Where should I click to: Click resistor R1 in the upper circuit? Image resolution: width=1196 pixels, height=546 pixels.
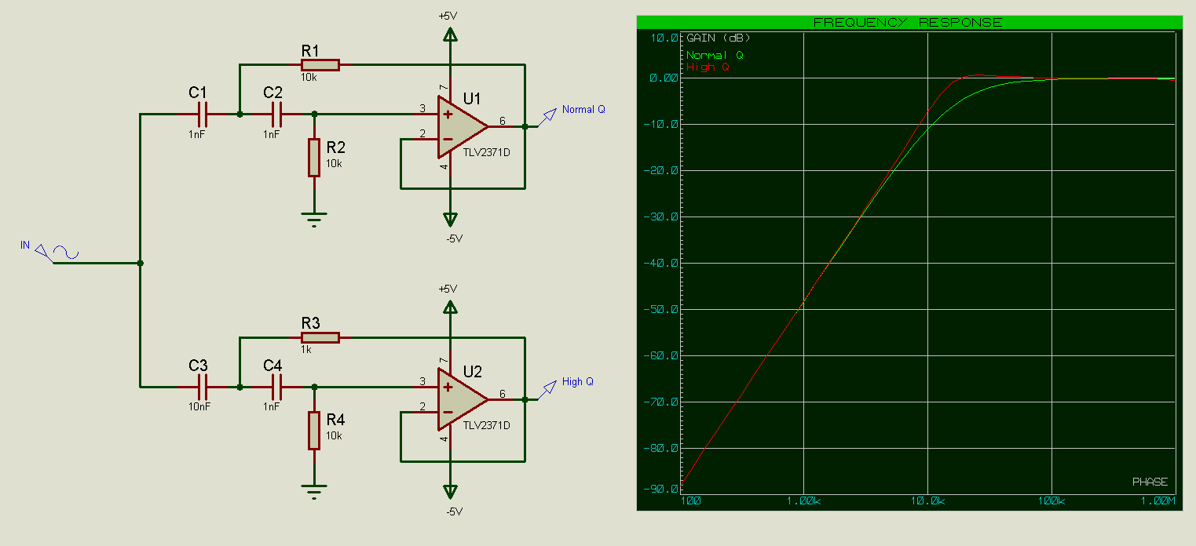[320, 65]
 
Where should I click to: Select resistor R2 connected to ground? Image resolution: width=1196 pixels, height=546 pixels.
[314, 157]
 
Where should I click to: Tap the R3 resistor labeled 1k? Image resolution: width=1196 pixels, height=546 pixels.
[320, 337]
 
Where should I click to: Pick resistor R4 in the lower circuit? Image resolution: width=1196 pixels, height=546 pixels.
[314, 430]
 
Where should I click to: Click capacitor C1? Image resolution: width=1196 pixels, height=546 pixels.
[202, 115]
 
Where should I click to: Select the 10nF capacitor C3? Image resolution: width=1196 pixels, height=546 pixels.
[202, 387]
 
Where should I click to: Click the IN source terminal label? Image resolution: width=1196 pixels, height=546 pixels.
[25, 246]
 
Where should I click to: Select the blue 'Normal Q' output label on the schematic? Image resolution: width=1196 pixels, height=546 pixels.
[583, 110]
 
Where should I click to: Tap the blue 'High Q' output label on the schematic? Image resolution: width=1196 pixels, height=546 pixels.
[578, 382]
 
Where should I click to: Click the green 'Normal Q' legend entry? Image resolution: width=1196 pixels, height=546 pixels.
[715, 56]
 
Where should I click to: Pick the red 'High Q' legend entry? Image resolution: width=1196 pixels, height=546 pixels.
[708, 67]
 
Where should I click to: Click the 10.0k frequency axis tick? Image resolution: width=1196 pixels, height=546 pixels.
[927, 500]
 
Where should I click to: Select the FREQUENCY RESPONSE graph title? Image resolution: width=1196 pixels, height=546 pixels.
[907, 22]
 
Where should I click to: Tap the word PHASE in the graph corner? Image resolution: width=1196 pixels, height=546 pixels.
[1150, 482]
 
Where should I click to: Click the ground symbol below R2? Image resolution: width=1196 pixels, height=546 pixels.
[314, 219]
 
